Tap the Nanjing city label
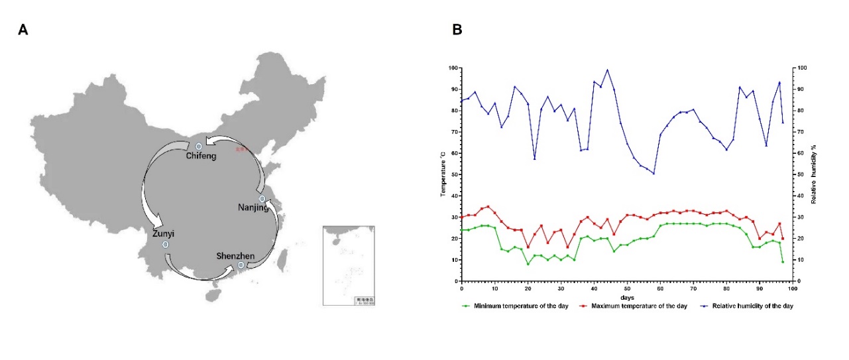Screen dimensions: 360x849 253,208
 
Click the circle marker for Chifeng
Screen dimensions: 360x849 198,146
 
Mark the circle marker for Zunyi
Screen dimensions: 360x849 165,245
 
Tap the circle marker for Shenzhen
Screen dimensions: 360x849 241,265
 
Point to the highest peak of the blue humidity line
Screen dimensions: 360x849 607,70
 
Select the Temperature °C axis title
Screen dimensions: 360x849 443,174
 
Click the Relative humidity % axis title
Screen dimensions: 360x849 813,174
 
